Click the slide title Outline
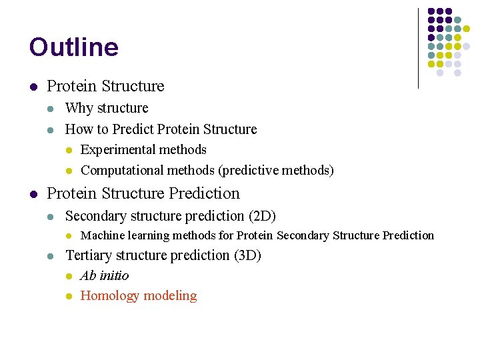(74, 47)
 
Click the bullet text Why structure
(107, 108)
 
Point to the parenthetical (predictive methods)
(276, 171)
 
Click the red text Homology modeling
(139, 296)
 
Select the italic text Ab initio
(105, 276)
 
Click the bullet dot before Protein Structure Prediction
(33, 194)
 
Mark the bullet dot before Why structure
(51, 109)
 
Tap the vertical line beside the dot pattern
(418, 48)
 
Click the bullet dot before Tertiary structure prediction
(51, 256)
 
